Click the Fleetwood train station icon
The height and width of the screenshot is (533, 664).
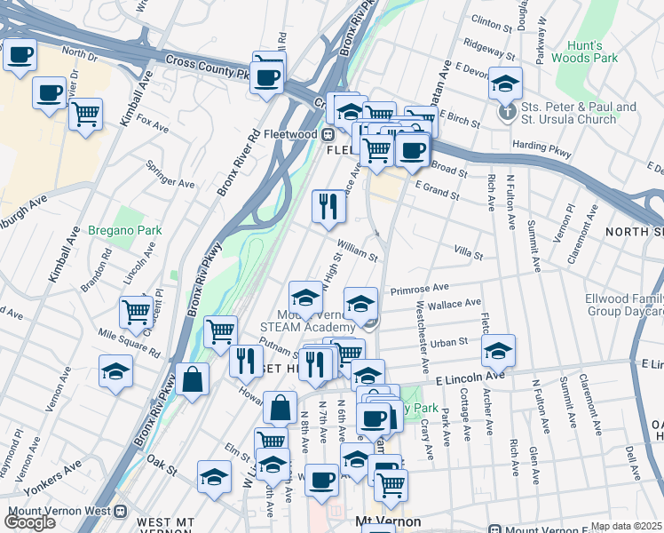pos(327,135)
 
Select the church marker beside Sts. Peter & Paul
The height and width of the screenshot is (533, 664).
pos(507,113)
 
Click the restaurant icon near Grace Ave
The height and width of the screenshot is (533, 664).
pos(328,207)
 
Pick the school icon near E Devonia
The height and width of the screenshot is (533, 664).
pos(505,84)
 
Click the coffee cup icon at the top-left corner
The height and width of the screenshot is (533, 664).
pos(20,55)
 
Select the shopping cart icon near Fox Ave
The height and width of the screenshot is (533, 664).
pos(85,114)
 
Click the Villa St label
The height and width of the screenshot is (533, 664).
pos(468,256)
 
